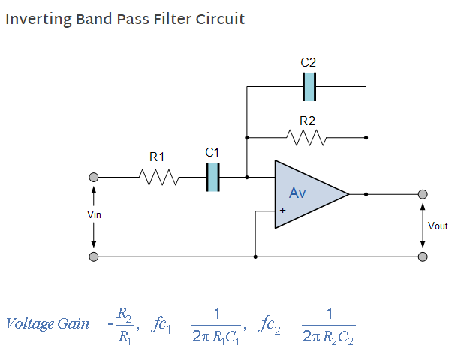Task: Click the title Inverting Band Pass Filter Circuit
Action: pyautogui.click(x=125, y=19)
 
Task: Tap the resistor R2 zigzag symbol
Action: pyautogui.click(x=306, y=138)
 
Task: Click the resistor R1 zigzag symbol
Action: pyautogui.click(x=158, y=178)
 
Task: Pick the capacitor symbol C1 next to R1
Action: pyautogui.click(x=213, y=178)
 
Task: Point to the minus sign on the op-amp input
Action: pyautogui.click(x=282, y=178)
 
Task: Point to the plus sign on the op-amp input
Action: pyautogui.click(x=282, y=211)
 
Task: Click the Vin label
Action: pyautogui.click(x=94, y=215)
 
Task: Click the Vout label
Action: pyautogui.click(x=438, y=226)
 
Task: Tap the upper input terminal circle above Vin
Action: pyautogui.click(x=94, y=178)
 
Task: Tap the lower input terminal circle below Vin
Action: pyautogui.click(x=94, y=256)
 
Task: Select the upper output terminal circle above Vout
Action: pyautogui.click(x=423, y=194)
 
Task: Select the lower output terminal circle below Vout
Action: pyautogui.click(x=423, y=256)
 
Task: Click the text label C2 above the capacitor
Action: pyautogui.click(x=308, y=63)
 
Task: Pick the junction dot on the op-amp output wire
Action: pyautogui.click(x=366, y=194)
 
